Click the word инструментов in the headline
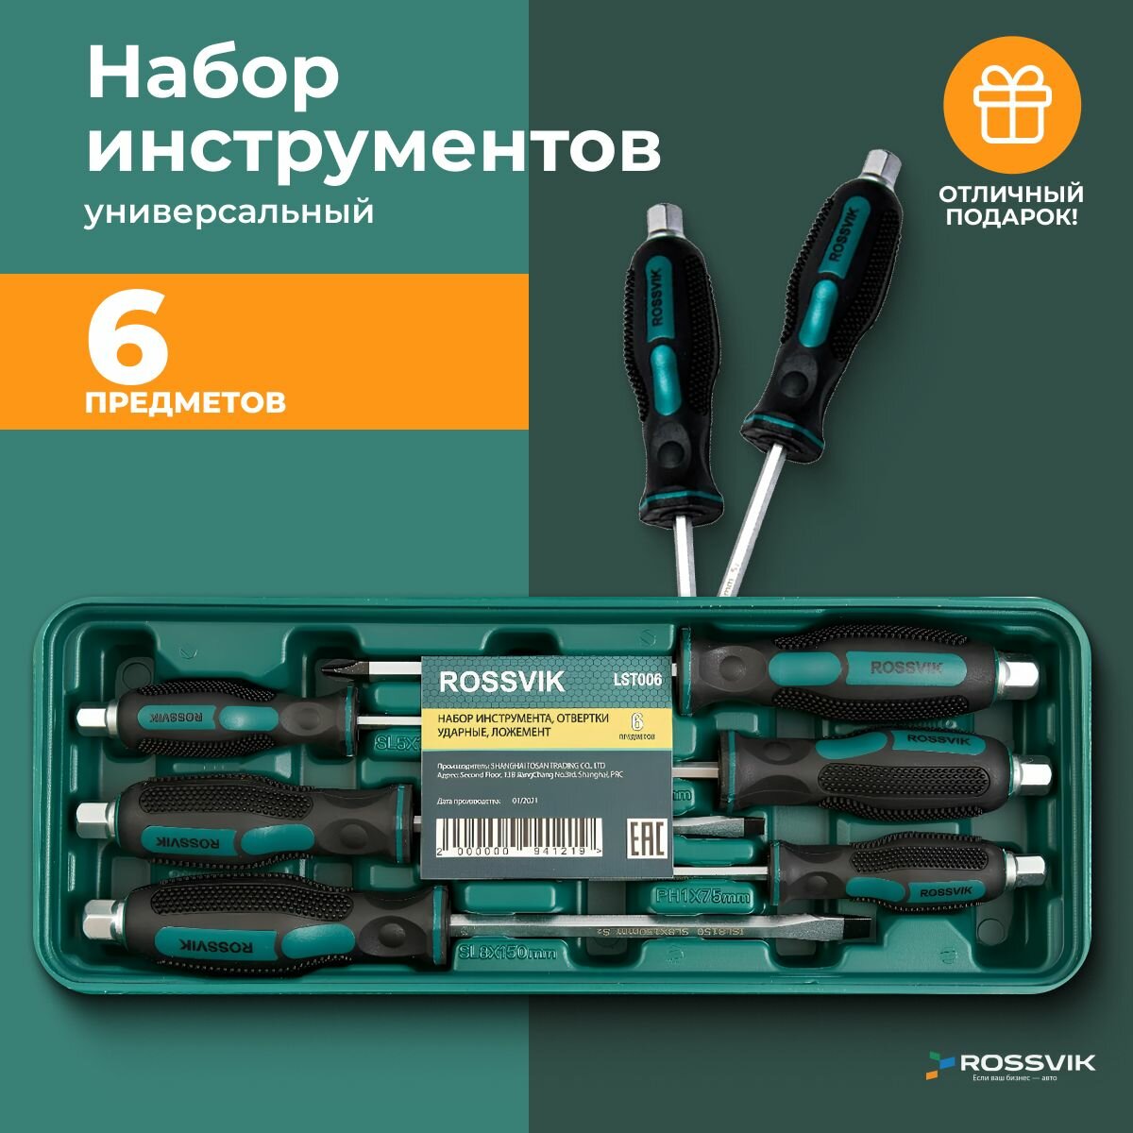374,147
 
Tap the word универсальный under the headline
228,212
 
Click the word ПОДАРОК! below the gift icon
1010,217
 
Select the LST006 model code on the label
639,676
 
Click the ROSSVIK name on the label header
502,681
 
